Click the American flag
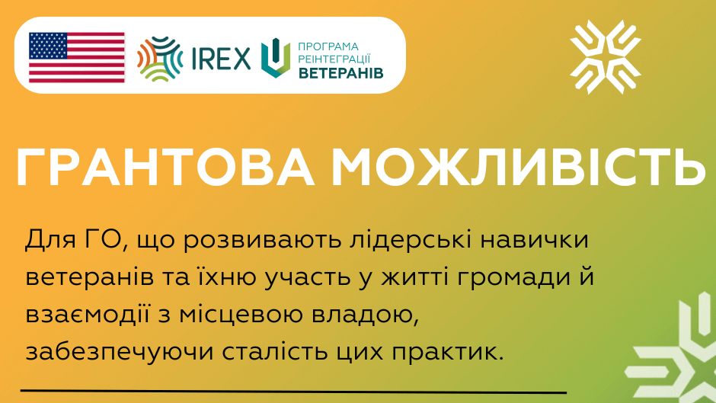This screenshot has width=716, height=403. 77,58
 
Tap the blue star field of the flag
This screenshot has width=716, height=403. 48,46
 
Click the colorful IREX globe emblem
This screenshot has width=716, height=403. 160,59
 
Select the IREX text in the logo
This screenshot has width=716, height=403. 221,59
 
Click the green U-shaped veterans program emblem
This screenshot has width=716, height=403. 276,58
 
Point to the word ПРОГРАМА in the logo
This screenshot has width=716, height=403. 328,46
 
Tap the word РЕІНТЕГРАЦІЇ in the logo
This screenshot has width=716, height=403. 334,59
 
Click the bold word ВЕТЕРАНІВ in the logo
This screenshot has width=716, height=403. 341,73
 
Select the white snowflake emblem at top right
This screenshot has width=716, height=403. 606,56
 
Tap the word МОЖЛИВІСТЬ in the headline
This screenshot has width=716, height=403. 519,168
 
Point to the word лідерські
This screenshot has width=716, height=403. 411,241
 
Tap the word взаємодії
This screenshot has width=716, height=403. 88,315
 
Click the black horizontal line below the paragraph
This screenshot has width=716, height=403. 293,392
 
